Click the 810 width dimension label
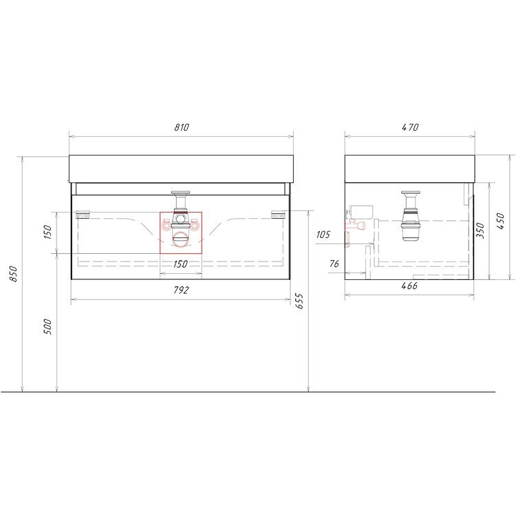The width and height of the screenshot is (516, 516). tap(182, 127)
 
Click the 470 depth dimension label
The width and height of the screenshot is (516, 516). tap(410, 127)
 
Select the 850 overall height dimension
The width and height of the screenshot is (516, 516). tap(14, 273)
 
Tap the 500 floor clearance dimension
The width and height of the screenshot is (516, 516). tap(48, 326)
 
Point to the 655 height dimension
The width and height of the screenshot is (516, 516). tap(299, 301)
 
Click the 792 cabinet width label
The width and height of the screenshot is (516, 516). tap(182, 290)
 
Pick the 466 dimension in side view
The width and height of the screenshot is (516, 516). tap(409, 286)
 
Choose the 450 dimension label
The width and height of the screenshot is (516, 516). tap(500, 221)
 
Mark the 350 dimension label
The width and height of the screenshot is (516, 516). tap(480, 230)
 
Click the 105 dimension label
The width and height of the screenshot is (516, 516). tap(323, 235)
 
